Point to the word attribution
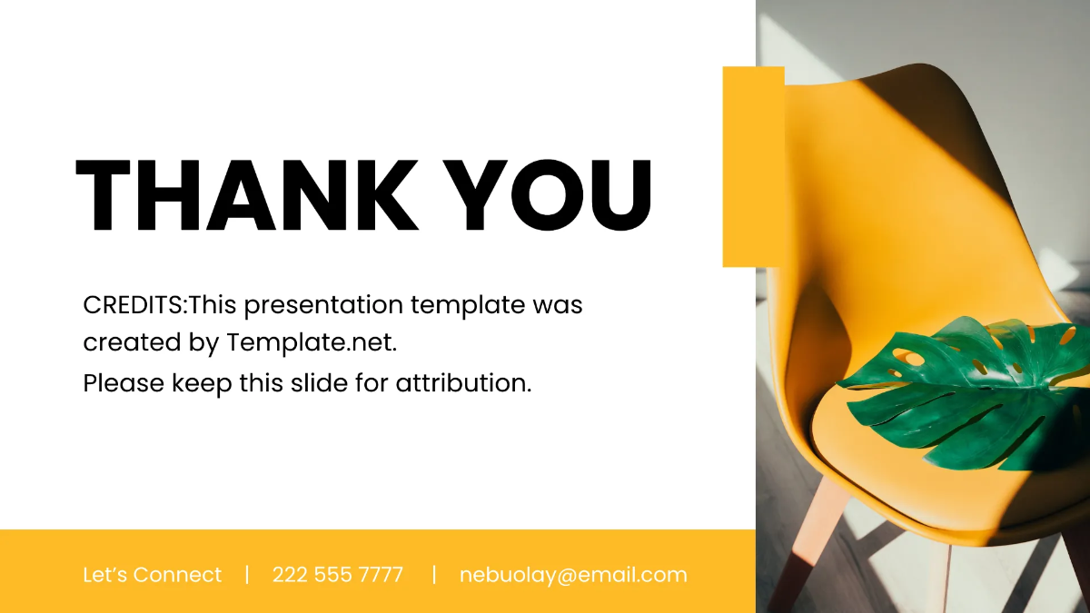(x=462, y=383)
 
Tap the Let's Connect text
(x=152, y=575)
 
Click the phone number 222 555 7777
(x=337, y=575)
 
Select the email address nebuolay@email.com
(x=573, y=575)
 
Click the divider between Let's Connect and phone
(x=247, y=575)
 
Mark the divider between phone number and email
(x=434, y=575)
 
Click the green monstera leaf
(x=963, y=391)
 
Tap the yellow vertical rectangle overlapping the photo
(x=753, y=166)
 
